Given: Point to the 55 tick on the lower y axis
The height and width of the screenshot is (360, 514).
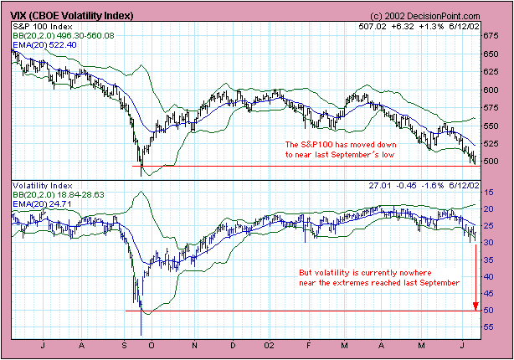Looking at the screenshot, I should coord(496,327).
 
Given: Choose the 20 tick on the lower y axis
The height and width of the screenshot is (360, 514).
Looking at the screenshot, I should coord(496,208).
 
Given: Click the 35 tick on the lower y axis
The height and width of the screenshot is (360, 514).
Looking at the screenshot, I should coord(496,260).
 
